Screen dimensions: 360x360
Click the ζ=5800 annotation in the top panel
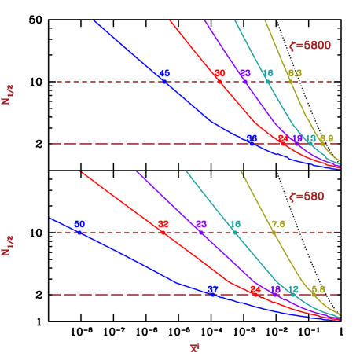coord(310,46)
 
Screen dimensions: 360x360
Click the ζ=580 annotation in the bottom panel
coord(307,197)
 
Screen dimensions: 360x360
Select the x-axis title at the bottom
coord(195,347)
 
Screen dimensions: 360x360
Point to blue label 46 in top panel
coord(164,73)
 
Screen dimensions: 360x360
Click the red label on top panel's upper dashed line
coord(219,73)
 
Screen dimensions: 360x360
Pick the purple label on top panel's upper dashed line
coord(245,73)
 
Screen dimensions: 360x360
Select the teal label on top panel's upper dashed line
coord(268,73)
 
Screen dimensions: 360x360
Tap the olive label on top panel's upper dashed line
coord(295,73)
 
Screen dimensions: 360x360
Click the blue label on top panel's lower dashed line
coord(252,138)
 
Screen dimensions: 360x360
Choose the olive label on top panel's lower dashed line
coord(326,138)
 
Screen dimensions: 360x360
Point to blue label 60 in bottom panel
coord(79,224)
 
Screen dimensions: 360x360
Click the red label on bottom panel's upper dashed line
coord(163,224)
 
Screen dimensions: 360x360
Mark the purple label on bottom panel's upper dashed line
coord(201,224)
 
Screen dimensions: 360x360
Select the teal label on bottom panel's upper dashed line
coord(235,224)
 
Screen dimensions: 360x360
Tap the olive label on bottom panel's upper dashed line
coord(277,224)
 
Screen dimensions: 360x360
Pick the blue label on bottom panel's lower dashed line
coord(212,289)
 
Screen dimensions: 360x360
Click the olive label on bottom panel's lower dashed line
coord(318,289)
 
